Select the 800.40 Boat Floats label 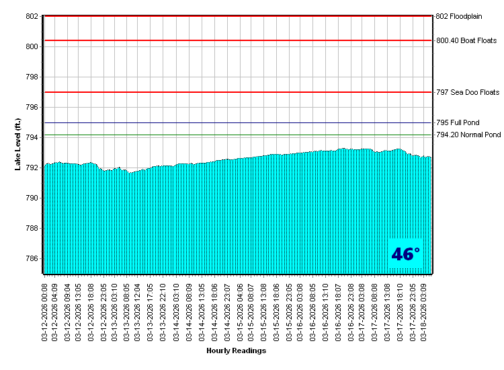tap(466, 40)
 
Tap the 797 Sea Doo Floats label tap(468, 92)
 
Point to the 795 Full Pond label tap(458, 123)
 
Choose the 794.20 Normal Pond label tap(468, 135)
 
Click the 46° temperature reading tap(405, 254)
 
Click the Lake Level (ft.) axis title tap(18, 144)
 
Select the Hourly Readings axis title tap(236, 351)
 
